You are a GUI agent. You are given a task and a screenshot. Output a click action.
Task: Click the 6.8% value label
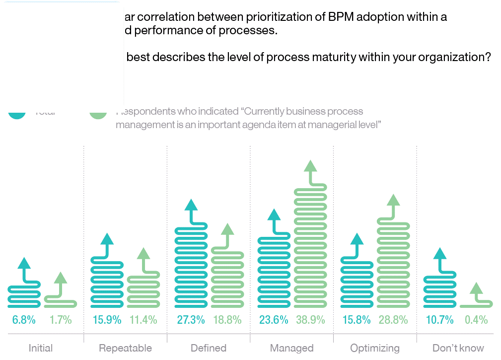click(x=24, y=320)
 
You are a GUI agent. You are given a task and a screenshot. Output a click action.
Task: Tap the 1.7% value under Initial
click(x=61, y=320)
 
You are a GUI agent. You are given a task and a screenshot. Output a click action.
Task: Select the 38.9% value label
click(x=310, y=320)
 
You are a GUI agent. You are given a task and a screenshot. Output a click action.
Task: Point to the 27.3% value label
click(x=191, y=320)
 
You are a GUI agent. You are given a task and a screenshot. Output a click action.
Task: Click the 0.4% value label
click(x=476, y=320)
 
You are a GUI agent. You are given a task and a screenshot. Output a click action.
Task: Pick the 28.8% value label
click(x=393, y=320)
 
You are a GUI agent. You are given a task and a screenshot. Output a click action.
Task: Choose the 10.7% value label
click(x=439, y=320)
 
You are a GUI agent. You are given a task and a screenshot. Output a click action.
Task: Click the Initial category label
click(x=41, y=348)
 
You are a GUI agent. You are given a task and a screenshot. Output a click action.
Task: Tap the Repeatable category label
click(x=125, y=348)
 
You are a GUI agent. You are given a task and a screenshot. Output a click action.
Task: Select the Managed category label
click(x=291, y=348)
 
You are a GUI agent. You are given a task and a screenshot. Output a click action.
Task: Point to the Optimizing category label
click(x=375, y=348)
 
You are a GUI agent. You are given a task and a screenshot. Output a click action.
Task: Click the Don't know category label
click(x=458, y=348)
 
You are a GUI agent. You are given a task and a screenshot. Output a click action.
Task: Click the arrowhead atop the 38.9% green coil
click(x=310, y=166)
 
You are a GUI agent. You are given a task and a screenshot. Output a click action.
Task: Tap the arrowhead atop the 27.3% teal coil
click(x=191, y=205)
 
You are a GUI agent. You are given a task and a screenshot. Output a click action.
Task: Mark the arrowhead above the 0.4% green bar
click(x=476, y=288)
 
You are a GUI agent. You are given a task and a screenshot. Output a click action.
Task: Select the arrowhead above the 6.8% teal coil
click(x=24, y=263)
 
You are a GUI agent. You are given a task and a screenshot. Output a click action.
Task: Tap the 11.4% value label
click(x=143, y=320)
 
